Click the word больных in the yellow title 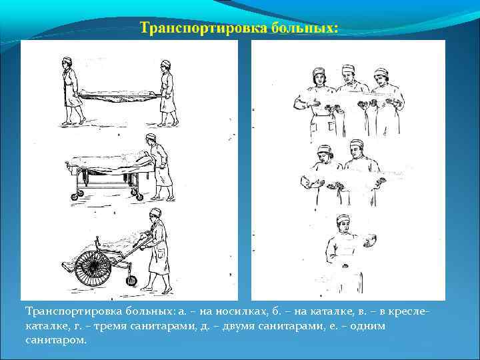pos(304,28)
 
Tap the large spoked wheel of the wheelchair pos(93,268)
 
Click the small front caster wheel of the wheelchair pos(131,281)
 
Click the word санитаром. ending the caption pos(56,341)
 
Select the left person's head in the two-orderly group pos(325,152)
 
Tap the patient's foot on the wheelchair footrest pos(67,267)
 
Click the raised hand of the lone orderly pos(370,240)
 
